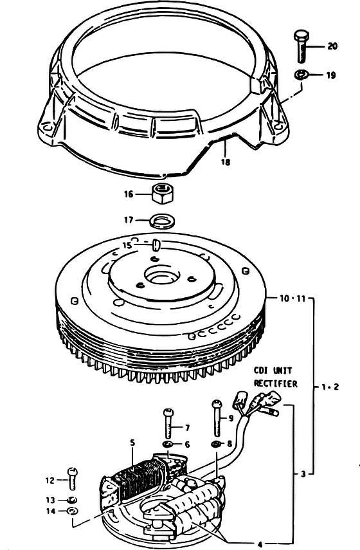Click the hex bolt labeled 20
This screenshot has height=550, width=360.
(x=301, y=46)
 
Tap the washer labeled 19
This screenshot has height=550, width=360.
(x=301, y=75)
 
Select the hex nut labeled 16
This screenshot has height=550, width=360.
(x=163, y=193)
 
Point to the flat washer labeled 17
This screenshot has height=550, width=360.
(x=163, y=221)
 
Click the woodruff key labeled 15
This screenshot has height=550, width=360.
(x=156, y=244)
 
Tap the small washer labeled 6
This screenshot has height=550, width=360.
(x=169, y=445)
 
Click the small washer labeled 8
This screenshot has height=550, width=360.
(x=216, y=444)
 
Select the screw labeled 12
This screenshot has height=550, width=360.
(x=72, y=479)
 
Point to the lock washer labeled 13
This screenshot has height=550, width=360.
(x=72, y=500)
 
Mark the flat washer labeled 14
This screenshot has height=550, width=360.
(x=72, y=511)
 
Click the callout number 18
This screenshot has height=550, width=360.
(x=226, y=161)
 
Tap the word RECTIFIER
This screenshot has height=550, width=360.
(x=276, y=383)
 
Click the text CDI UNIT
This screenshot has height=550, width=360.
(x=273, y=371)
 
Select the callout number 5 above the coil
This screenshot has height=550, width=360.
(x=132, y=443)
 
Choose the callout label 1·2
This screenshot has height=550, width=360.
(x=330, y=387)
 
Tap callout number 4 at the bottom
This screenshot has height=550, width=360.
(x=260, y=544)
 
